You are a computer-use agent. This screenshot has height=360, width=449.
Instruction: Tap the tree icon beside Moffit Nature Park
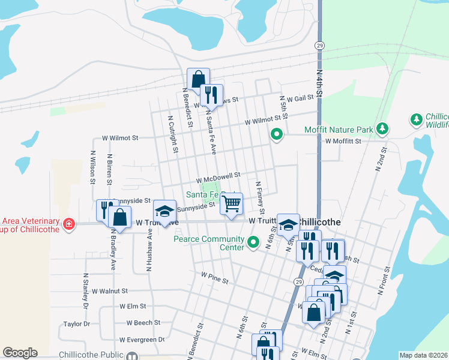tap(382, 128)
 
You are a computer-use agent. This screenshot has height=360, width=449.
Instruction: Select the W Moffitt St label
tap(344, 142)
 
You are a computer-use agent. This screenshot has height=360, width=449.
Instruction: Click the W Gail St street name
tap(300, 98)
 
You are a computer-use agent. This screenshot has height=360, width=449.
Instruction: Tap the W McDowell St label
tap(218, 176)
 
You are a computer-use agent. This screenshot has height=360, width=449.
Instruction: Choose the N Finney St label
tap(260, 198)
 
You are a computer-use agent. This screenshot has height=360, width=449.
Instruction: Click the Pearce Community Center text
tap(209, 243)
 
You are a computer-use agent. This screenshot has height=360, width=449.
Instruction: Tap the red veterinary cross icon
tap(70, 224)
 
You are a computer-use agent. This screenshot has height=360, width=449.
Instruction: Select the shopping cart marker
tap(231, 204)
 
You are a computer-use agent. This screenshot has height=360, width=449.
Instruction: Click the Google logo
tap(20, 353)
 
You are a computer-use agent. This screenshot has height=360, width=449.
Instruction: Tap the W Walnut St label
tap(109, 291)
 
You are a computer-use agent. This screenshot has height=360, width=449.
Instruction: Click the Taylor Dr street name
tap(76, 324)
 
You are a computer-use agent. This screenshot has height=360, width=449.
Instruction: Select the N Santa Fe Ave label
tap(211, 131)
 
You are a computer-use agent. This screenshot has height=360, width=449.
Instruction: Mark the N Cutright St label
tap(173, 134)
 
